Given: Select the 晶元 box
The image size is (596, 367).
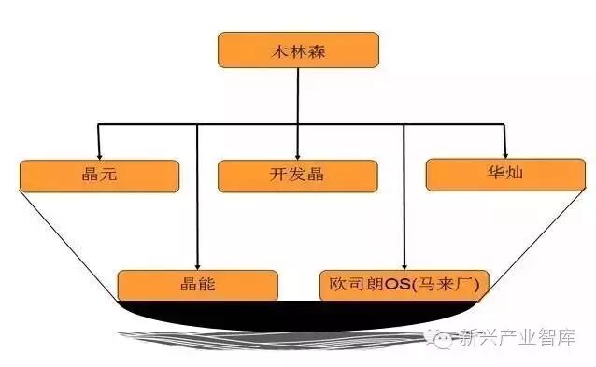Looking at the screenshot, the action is pyautogui.click(x=98, y=176).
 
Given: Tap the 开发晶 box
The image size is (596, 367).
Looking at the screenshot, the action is pyautogui.click(x=297, y=176).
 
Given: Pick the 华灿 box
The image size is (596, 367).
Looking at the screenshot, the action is pyautogui.click(x=505, y=174).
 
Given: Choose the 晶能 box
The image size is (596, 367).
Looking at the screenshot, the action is pyautogui.click(x=197, y=285).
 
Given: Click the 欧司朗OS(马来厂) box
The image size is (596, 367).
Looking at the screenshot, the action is pyautogui.click(x=403, y=285).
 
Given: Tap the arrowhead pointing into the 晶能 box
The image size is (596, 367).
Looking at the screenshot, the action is pyautogui.click(x=197, y=265).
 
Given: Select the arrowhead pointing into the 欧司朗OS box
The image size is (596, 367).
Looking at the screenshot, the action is pyautogui.click(x=404, y=265).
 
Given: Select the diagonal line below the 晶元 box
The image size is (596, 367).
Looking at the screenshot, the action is pyautogui.click(x=65, y=243).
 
